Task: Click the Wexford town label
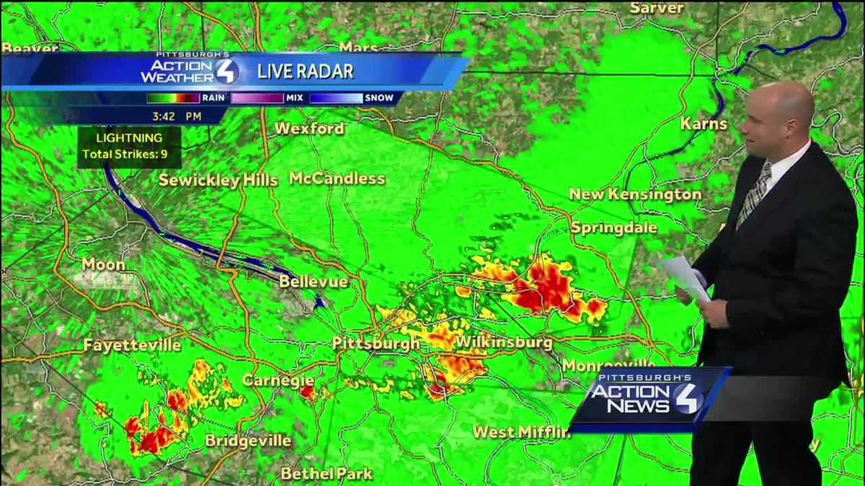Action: pyautogui.click(x=309, y=129)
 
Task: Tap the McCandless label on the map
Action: pyautogui.click(x=337, y=179)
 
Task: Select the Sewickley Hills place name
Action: pyautogui.click(x=218, y=180)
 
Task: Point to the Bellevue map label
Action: pyautogui.click(x=314, y=281)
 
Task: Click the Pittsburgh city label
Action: pyautogui.click(x=376, y=343)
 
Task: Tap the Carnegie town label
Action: pyautogui.click(x=278, y=379)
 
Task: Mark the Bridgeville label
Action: pyautogui.click(x=248, y=440)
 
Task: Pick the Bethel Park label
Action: pyautogui.click(x=327, y=473)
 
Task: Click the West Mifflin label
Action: pyautogui.click(x=521, y=432)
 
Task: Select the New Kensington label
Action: pyautogui.click(x=635, y=194)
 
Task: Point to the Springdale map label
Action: pyautogui.click(x=614, y=228)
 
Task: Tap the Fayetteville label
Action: pyautogui.click(x=132, y=345)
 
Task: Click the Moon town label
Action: pyautogui.click(x=103, y=264)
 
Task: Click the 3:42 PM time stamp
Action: pyautogui.click(x=177, y=115)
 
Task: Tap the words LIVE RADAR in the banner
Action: pyautogui.click(x=306, y=71)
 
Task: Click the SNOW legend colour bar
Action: pyautogui.click(x=336, y=98)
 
